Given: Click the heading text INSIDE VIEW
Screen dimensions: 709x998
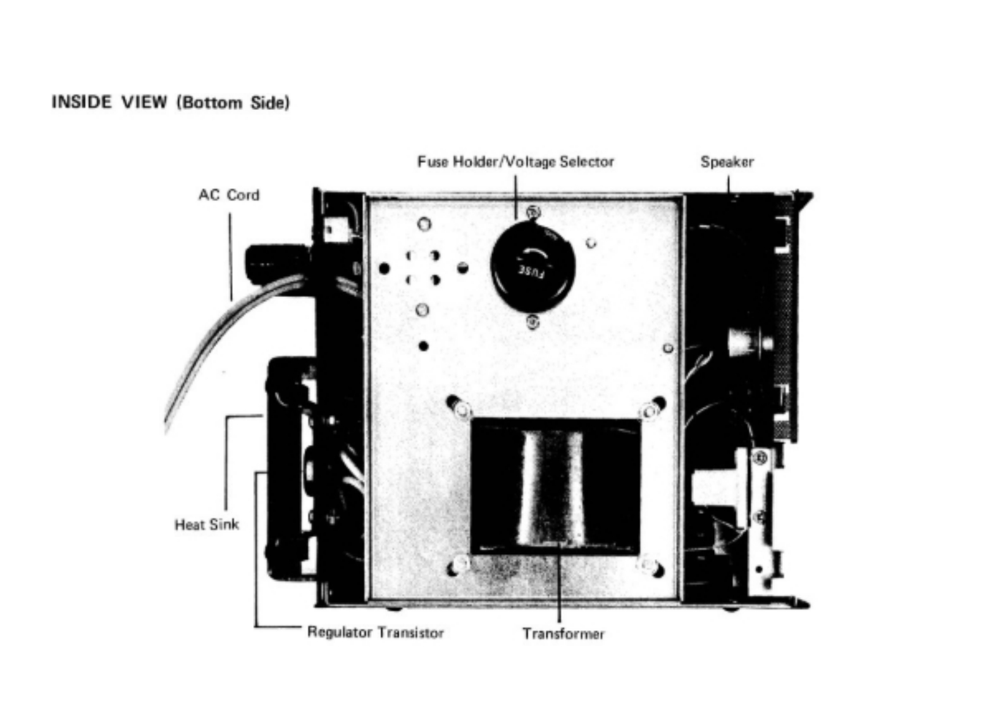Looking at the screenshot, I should coord(109,102).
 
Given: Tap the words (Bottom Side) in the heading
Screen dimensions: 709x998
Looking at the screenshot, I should coord(233,103).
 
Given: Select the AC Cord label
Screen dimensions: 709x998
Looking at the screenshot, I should coord(228,195).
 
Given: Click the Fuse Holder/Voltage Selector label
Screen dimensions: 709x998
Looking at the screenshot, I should coord(515,162).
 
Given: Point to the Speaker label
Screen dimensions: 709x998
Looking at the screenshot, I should coord(727,162).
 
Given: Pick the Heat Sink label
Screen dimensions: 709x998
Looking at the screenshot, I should coord(207,524).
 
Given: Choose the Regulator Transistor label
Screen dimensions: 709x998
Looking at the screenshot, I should coord(375,633).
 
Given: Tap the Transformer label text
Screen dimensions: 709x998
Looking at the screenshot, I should coord(563,633).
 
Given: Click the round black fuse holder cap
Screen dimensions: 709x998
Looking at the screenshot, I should coord(533,265).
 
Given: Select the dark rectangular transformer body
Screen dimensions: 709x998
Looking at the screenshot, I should coord(555,485).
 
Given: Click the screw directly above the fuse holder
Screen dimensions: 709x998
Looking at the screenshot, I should coord(533,212).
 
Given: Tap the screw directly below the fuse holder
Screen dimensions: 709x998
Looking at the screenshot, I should coord(533,322).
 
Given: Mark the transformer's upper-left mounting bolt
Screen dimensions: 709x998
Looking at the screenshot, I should coord(461,409).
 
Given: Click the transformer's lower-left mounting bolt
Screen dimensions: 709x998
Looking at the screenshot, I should coord(459,564).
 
